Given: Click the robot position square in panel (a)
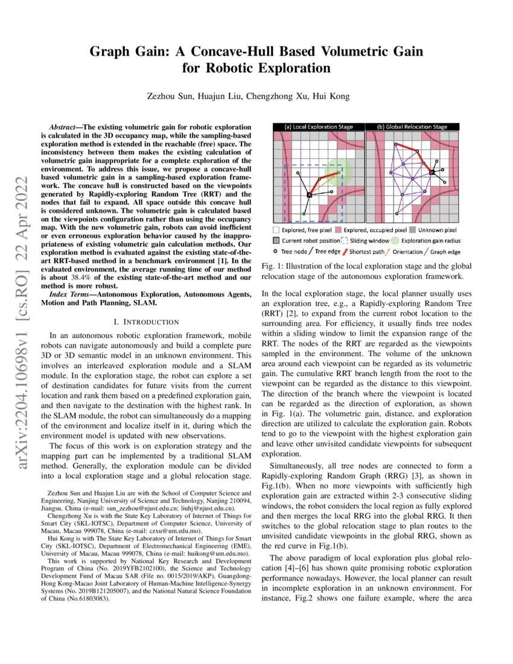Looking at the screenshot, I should (310, 195).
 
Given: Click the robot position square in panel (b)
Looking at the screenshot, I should (432, 173).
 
